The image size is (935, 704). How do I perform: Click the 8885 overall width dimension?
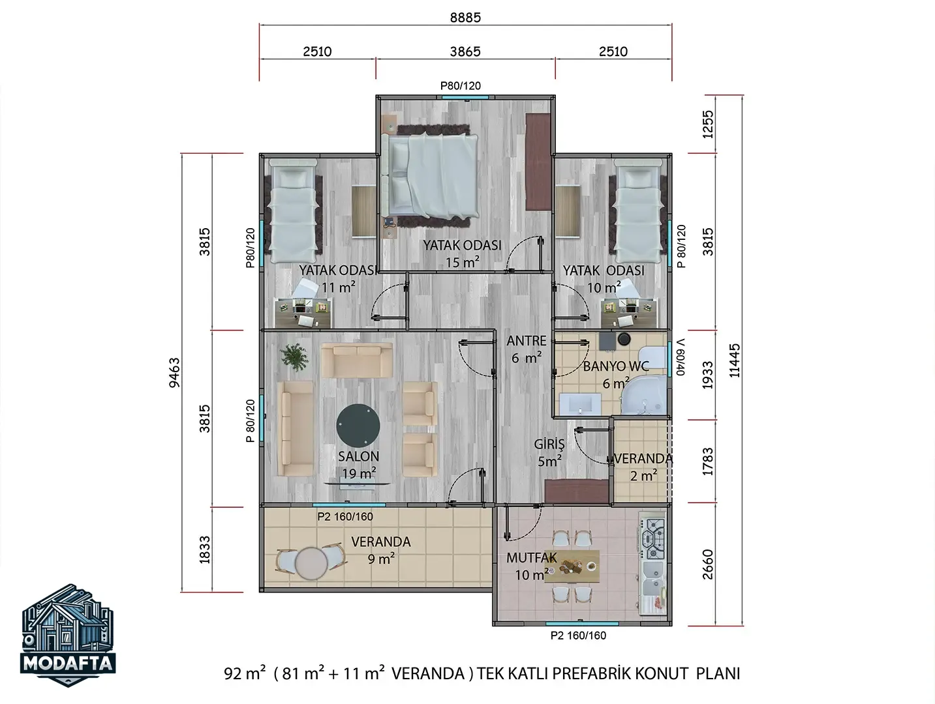tap(465, 18)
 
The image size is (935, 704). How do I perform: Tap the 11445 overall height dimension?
tap(735, 360)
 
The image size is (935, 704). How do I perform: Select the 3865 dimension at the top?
tap(465, 51)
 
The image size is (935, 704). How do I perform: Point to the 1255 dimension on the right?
tap(707, 125)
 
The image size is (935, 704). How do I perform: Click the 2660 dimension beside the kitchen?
tap(707, 565)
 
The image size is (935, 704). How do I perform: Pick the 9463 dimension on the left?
tap(175, 373)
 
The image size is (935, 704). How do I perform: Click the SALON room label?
tap(358, 456)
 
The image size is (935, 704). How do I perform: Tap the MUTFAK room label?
tap(532, 558)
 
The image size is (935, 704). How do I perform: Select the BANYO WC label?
tap(616, 366)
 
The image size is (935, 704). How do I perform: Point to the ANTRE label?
tap(527, 341)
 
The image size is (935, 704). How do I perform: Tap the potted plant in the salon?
tap(294, 357)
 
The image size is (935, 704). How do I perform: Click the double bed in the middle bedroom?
tap(429, 175)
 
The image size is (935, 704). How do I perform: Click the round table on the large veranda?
tap(311, 563)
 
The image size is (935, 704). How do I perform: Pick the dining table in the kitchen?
tap(572, 566)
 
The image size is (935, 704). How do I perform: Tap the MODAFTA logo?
tap(68, 635)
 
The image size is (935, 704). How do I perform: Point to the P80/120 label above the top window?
tap(461, 86)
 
